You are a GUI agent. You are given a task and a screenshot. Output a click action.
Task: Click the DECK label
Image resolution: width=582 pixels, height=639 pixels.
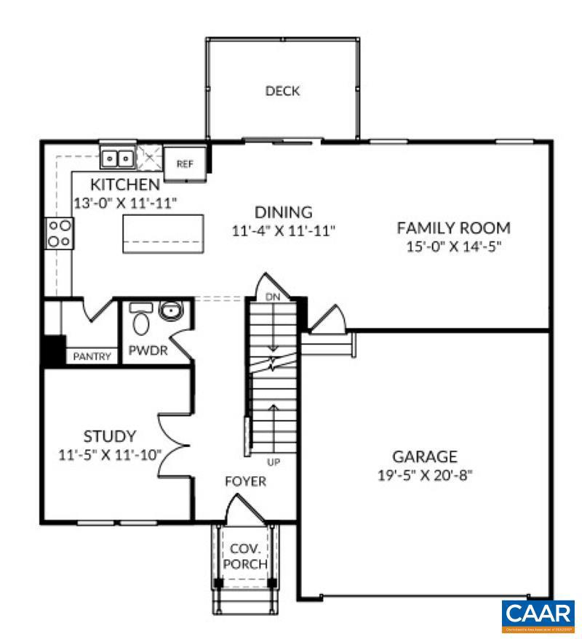coord(282,92)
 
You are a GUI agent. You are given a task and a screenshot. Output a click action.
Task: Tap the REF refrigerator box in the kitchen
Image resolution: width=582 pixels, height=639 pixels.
coord(186,164)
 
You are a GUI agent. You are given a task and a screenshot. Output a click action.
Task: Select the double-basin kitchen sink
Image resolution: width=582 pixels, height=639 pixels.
coord(118,156)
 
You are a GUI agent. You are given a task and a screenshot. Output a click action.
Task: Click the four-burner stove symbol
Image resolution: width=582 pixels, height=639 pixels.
coord(58,233)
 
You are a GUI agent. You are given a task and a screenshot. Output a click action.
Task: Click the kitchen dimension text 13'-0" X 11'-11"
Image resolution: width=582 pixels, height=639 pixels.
coord(126,203)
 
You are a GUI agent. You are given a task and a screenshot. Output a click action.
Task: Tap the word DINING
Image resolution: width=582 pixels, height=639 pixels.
coord(283,212)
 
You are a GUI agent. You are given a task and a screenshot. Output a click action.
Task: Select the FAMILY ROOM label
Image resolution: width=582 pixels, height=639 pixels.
coord(453,228)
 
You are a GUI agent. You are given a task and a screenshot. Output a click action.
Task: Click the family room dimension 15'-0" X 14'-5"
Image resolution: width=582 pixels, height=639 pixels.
coord(453,246)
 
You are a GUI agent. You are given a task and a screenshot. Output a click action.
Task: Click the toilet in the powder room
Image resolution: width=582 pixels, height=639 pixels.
coord(140,318)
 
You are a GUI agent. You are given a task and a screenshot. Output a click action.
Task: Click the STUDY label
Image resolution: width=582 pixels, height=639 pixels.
coord(109,437)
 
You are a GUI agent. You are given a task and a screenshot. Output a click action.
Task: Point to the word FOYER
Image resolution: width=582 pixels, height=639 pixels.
coord(244,481)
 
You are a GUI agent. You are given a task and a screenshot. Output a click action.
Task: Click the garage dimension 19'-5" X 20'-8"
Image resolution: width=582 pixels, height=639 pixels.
coord(425,476)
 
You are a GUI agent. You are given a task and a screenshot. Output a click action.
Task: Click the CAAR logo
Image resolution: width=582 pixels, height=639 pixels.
coord(538,615)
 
